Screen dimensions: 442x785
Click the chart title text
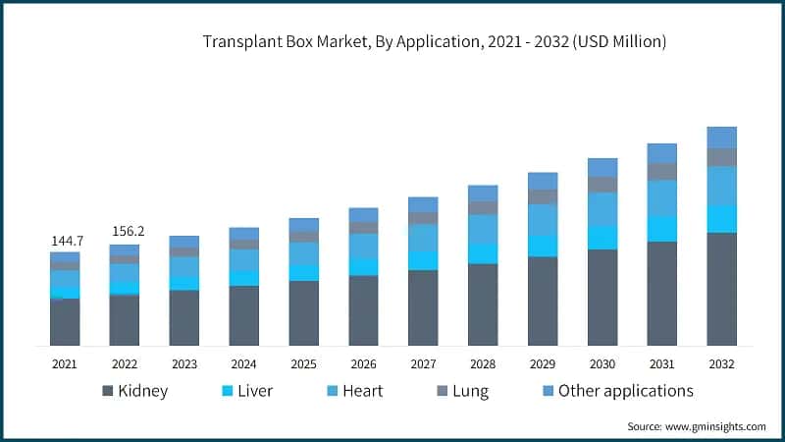click(x=434, y=41)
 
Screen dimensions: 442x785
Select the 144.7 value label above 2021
click(x=66, y=240)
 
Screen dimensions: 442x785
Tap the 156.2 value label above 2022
click(x=126, y=232)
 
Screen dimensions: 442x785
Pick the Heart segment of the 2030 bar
click(x=602, y=209)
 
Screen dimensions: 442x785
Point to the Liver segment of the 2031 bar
click(x=662, y=229)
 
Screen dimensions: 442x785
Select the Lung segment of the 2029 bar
click(x=543, y=196)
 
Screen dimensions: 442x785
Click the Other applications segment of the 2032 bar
click(x=722, y=138)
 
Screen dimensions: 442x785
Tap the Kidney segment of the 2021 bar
click(x=66, y=322)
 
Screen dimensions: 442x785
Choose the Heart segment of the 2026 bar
click(x=364, y=246)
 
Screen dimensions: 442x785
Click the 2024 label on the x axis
click(x=244, y=363)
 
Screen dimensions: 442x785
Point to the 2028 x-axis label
click(x=483, y=363)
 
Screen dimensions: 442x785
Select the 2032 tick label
click(x=722, y=363)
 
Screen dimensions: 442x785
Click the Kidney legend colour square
click(x=107, y=391)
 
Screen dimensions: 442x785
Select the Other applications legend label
click(x=626, y=391)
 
